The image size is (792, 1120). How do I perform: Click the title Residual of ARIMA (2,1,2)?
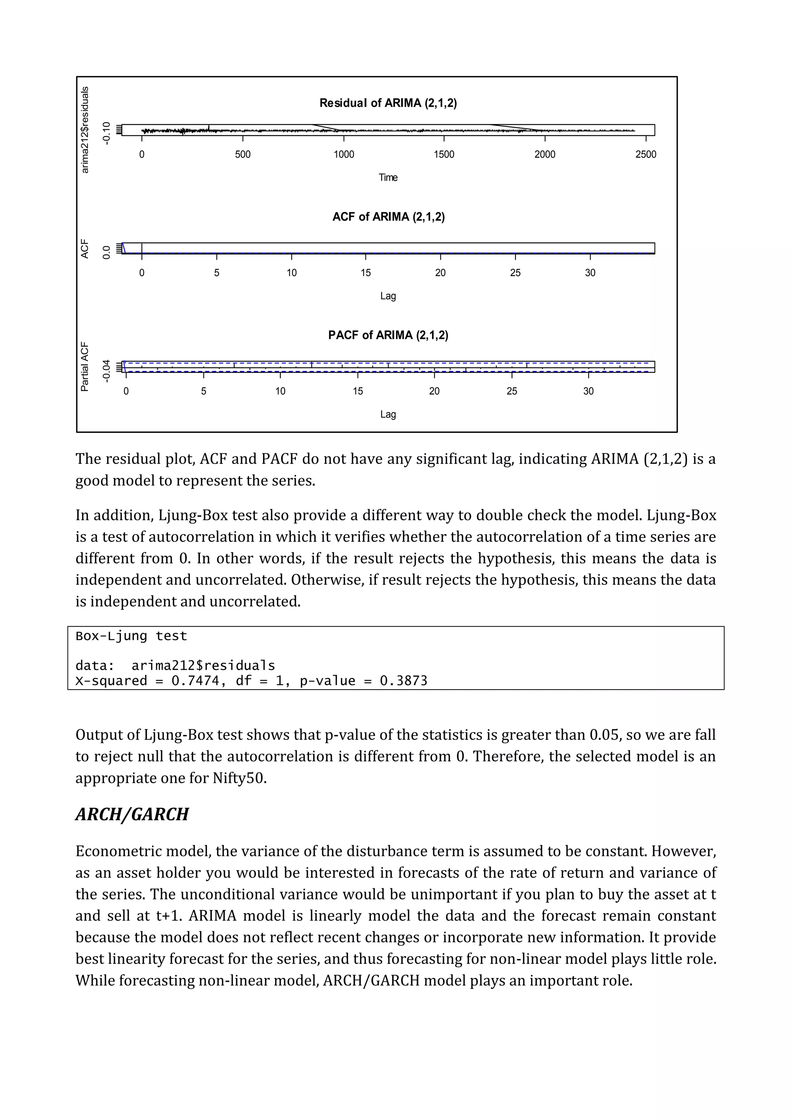click(388, 103)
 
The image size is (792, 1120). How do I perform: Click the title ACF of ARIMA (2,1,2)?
click(388, 217)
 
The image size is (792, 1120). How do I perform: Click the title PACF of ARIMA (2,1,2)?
click(388, 335)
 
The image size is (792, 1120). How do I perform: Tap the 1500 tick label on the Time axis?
click(444, 155)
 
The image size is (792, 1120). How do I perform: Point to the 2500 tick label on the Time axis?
click(646, 155)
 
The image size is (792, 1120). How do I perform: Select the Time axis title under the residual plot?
click(388, 178)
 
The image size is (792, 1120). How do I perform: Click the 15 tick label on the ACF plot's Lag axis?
click(366, 273)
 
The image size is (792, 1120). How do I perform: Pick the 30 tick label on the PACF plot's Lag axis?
click(588, 391)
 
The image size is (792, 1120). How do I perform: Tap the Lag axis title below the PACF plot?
click(388, 415)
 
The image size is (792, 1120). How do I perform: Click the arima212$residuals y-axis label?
click(85, 130)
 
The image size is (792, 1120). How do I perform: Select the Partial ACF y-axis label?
click(85, 366)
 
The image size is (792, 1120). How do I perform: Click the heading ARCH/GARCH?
click(131, 814)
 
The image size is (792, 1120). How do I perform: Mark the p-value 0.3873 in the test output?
click(403, 681)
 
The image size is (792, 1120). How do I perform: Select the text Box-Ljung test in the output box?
click(131, 636)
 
